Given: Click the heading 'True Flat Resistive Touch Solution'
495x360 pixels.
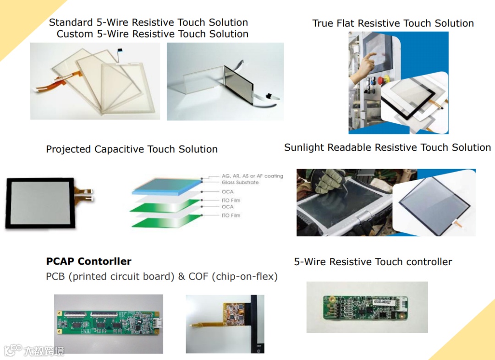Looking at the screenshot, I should click(x=393, y=23).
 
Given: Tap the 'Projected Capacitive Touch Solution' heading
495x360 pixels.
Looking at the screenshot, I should click(x=132, y=149).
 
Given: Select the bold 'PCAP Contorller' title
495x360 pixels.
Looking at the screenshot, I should click(x=88, y=262).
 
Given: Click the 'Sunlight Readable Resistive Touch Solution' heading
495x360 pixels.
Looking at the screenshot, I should click(x=387, y=147).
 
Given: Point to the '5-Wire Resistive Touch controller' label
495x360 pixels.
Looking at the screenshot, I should click(x=373, y=262).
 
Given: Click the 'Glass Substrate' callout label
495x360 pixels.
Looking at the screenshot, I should click(x=240, y=182).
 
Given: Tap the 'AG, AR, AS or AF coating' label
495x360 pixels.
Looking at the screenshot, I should click(x=252, y=176).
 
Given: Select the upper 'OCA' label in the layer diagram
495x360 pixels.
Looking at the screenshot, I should click(x=227, y=191).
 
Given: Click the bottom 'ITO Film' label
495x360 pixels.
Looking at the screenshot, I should click(x=231, y=215).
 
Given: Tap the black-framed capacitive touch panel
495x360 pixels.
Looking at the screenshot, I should click(x=39, y=203).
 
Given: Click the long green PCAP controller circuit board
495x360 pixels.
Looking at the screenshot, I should click(x=109, y=323).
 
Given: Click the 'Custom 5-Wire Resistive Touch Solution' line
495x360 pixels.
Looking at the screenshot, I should click(x=152, y=34).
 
